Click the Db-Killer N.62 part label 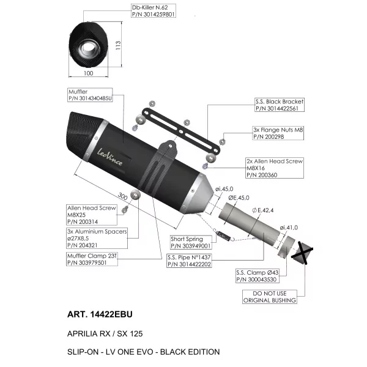tap(153, 11)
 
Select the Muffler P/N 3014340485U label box tap(90, 95)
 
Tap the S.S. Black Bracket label tap(280, 105)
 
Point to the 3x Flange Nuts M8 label tap(278, 133)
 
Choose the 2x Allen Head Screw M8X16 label tap(275, 168)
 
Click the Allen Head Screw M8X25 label tap(92, 215)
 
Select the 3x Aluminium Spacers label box tap(97, 238)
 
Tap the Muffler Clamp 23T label tap(92, 259)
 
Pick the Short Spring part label tap(191, 242)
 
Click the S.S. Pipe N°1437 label tap(189, 261)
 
